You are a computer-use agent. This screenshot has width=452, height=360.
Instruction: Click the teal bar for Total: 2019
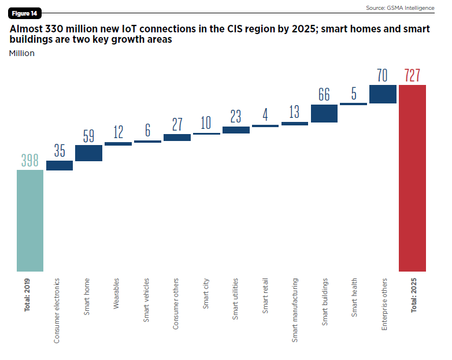[x=30, y=220]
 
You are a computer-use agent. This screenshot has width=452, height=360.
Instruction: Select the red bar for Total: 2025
[x=412, y=178]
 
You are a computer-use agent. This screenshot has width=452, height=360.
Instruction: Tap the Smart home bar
[x=88, y=153]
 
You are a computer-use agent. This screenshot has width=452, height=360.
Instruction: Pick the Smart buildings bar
[x=324, y=113]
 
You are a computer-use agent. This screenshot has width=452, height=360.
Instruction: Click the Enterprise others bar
[x=383, y=94]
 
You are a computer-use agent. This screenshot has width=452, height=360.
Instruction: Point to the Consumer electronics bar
[x=60, y=166]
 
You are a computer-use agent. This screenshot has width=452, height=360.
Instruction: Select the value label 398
[x=30, y=161]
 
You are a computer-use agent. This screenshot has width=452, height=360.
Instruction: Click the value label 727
[x=412, y=76]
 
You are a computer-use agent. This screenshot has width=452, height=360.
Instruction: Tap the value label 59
[x=88, y=136]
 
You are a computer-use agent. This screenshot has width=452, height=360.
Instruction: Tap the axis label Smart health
[x=354, y=298]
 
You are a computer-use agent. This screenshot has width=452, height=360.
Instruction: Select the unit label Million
[x=22, y=53]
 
